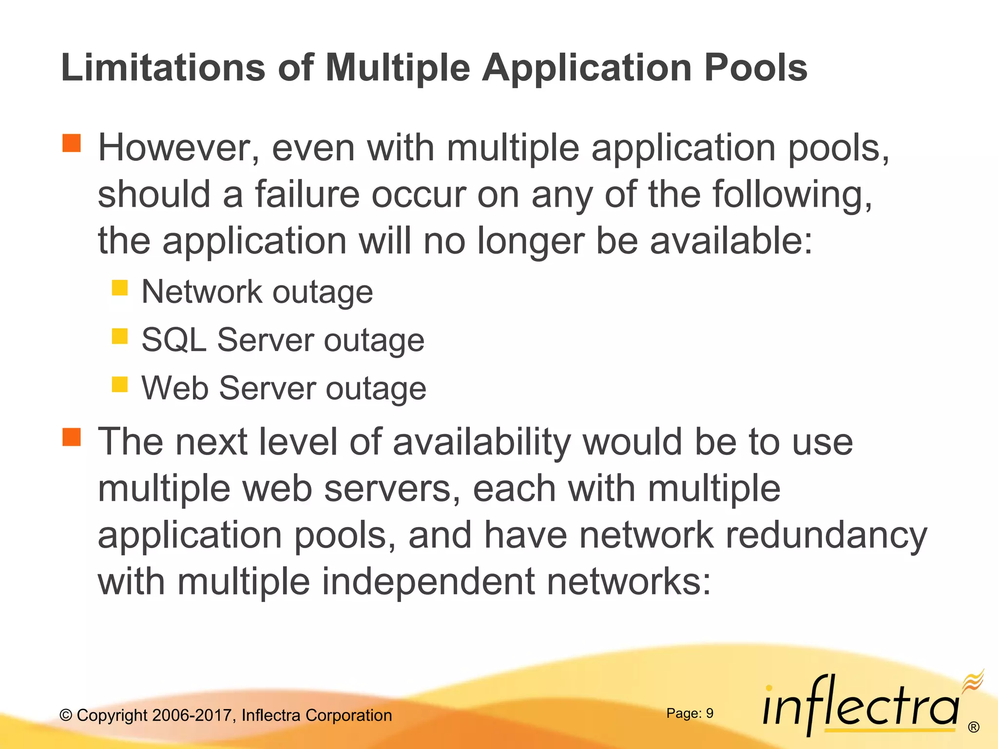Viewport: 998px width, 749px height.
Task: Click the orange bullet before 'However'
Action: click(x=72, y=143)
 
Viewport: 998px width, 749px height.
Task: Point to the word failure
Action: click(x=307, y=194)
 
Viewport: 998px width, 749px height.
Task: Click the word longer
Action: click(x=530, y=241)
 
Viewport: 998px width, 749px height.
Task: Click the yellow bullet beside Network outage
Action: click(x=119, y=288)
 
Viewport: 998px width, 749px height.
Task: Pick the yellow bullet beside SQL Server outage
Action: click(x=119, y=336)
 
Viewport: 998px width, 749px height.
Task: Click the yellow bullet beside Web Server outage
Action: click(x=119, y=384)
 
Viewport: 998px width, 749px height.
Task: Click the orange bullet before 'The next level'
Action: click(x=72, y=437)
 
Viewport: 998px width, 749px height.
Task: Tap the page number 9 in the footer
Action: click(x=710, y=713)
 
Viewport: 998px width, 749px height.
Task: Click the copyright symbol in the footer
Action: click(x=66, y=715)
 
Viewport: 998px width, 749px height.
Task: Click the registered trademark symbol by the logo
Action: click(x=974, y=727)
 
